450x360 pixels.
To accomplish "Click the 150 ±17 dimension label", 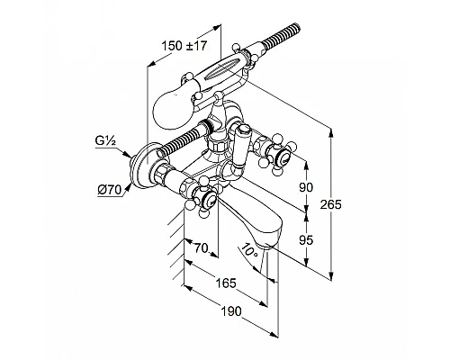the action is (184, 46).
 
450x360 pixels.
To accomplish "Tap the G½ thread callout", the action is (105, 140).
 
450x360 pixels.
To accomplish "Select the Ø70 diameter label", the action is (109, 190).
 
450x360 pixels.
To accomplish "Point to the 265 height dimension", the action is (330, 204).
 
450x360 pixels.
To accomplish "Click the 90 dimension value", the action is (306, 187).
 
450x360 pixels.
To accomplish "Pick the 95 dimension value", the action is (306, 240).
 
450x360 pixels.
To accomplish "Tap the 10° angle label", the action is (249, 250).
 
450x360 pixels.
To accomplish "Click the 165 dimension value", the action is (226, 283).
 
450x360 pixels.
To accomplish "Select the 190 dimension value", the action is (231, 311).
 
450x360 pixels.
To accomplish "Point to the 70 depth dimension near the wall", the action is (202, 248).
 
